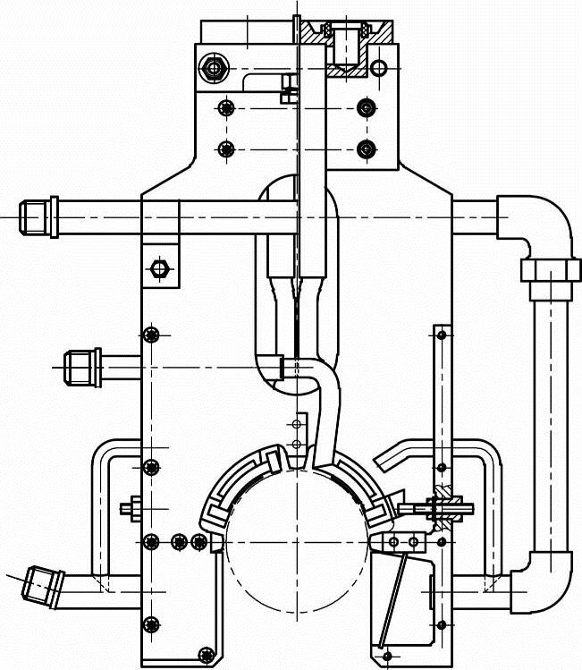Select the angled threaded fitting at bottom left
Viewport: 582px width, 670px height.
tap(40, 582)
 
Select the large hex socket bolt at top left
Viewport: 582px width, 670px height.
tap(213, 67)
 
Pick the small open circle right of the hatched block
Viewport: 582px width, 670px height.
tap(379, 68)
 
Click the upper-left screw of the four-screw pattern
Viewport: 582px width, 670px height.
tap(224, 108)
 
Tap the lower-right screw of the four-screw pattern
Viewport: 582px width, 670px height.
tap(364, 148)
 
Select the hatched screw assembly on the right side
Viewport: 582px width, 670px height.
tap(442, 507)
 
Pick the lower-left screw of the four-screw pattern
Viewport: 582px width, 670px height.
tap(224, 148)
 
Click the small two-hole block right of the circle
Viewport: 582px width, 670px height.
tap(404, 542)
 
